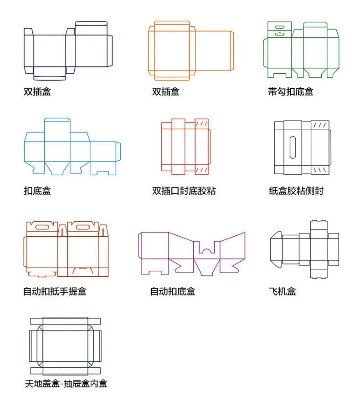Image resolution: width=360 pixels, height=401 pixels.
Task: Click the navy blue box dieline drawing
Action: (x=68, y=50)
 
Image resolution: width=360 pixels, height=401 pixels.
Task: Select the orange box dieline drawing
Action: (x=190, y=48)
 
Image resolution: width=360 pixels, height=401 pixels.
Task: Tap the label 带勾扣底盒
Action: (x=291, y=92)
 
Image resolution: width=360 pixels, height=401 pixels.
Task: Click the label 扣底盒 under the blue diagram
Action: (x=37, y=191)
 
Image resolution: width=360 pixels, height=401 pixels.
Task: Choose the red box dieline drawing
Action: (x=185, y=146)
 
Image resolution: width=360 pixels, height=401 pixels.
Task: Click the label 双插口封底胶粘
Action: (x=184, y=191)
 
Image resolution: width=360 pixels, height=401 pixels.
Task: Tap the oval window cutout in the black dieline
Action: (x=293, y=147)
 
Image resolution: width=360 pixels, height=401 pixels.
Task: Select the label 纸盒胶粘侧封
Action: (x=296, y=191)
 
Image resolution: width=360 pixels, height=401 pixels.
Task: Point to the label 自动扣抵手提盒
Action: (x=55, y=291)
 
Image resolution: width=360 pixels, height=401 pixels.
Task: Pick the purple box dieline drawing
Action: (x=191, y=253)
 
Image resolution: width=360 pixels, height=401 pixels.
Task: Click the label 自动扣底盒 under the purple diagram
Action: (x=173, y=291)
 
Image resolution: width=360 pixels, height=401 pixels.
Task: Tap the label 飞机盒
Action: (x=283, y=291)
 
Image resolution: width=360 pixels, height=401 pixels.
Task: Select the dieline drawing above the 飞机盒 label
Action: (x=304, y=249)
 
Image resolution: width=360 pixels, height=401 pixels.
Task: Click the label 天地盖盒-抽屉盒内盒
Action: (x=66, y=384)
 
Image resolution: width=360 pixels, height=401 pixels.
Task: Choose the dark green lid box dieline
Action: (x=65, y=345)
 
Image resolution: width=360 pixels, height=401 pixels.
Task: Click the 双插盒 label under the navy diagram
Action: (x=37, y=92)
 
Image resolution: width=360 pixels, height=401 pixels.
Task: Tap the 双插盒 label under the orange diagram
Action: (x=166, y=92)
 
